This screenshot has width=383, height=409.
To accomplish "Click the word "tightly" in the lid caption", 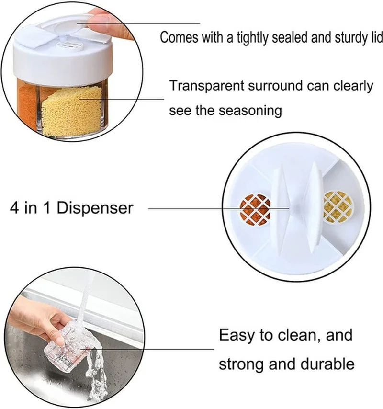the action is pos(252,38).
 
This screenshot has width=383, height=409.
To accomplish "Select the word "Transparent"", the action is pos(207,86).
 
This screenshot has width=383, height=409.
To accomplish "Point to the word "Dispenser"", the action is pos(95,208).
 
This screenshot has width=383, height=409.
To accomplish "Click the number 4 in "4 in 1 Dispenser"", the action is pos(14,208).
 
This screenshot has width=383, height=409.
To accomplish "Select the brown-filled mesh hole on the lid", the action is pos(255,209).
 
